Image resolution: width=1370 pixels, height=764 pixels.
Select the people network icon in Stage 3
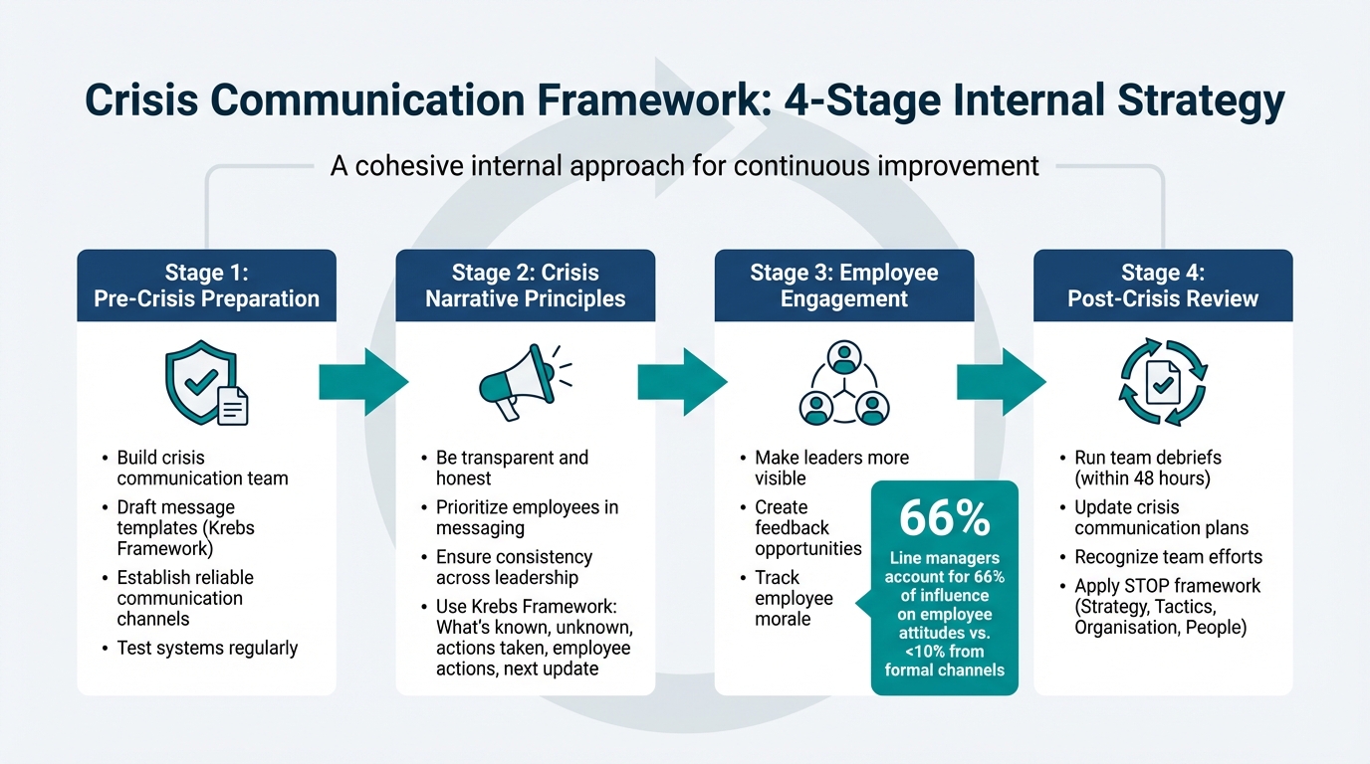(x=843, y=384)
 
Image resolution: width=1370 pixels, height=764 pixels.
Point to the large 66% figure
(x=944, y=519)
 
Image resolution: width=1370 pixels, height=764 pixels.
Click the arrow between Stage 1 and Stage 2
(x=363, y=381)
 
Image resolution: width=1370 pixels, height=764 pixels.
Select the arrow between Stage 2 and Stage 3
(x=683, y=381)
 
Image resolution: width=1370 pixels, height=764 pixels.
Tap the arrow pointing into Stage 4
(x=1002, y=381)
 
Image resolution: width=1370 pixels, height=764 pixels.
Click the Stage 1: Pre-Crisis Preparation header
(x=206, y=286)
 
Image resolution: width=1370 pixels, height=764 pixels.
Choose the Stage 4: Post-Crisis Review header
(x=1163, y=286)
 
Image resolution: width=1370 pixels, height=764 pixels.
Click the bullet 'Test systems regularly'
(x=207, y=649)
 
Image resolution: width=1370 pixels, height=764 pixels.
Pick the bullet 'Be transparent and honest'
(x=512, y=468)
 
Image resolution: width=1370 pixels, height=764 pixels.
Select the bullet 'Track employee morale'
(x=794, y=598)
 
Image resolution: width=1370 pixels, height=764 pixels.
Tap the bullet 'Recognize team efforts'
(x=1168, y=557)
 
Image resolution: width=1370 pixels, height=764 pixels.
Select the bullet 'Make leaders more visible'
(x=831, y=468)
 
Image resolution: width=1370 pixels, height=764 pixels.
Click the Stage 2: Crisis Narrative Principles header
(x=525, y=286)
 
